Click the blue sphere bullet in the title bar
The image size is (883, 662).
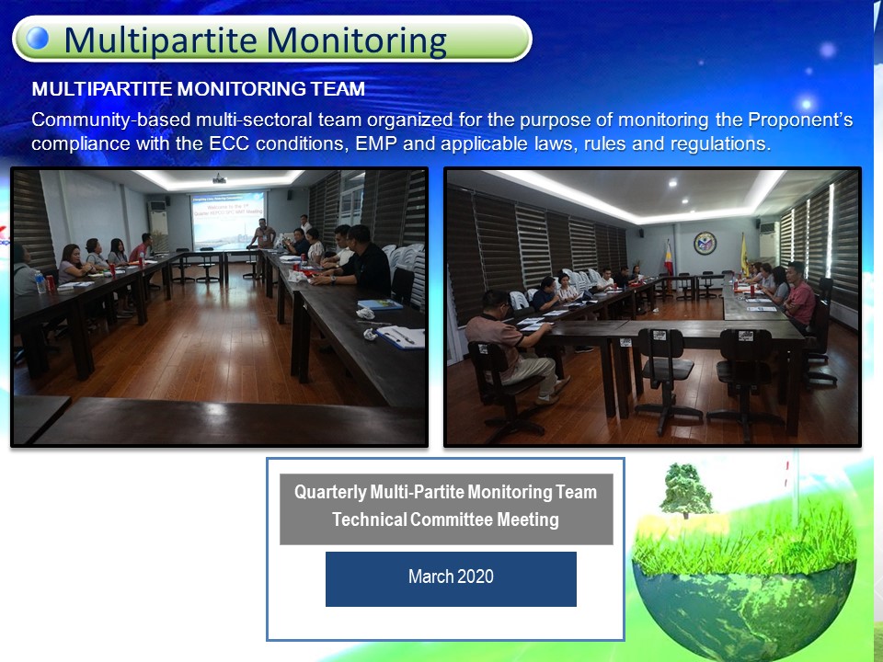(x=38, y=39)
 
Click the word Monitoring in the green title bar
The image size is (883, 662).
(x=357, y=41)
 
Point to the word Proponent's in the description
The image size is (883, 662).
(x=800, y=120)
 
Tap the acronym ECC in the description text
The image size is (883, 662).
(x=229, y=143)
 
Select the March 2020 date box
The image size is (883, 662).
(x=451, y=578)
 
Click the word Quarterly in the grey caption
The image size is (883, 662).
(x=330, y=493)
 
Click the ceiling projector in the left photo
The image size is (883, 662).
(x=219, y=179)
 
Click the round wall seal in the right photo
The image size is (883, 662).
(x=705, y=243)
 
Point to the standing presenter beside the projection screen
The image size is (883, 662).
(x=262, y=234)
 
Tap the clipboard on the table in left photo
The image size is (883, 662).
(x=400, y=337)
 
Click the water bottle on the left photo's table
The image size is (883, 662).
(x=40, y=282)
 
